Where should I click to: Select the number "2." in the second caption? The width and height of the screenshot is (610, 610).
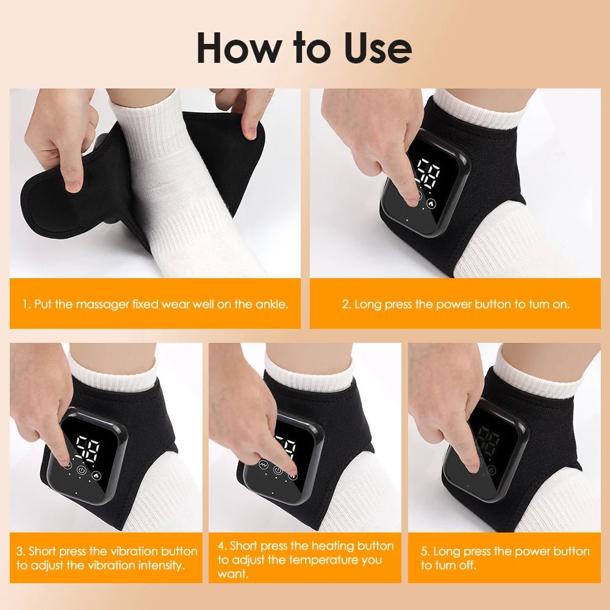(x=346, y=303)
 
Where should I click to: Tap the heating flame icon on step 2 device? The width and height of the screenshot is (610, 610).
(x=432, y=204)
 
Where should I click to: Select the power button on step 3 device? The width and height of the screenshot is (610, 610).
(x=82, y=472)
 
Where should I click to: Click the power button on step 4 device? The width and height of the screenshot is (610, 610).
(x=278, y=470)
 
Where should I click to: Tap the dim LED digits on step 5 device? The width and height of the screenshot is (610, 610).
(x=489, y=441)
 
